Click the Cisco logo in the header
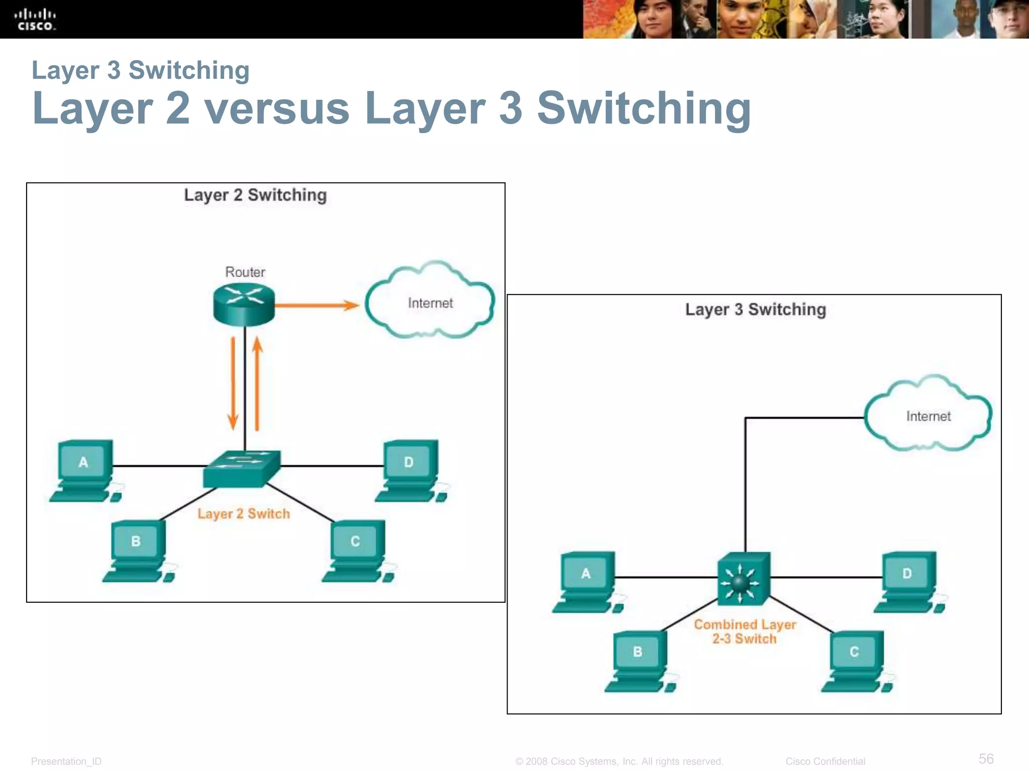coord(35,20)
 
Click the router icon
coord(244,304)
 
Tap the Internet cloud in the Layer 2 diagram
coord(430,303)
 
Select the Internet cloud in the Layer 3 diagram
coord(928,416)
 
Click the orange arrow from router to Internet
coord(317,305)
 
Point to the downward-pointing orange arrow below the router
coord(233,384)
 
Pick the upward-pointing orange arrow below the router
coord(257,384)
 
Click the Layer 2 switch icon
coord(242,469)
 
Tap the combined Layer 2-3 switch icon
coord(744,579)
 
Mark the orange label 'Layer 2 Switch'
coord(244,513)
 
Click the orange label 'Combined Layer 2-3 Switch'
coord(745,631)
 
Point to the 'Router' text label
coord(245,272)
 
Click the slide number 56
coord(986,758)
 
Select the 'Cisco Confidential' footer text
coord(825,761)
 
